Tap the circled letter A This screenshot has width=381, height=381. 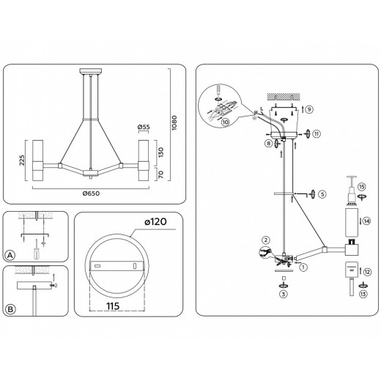coord(10,256)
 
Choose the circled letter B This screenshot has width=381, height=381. coord(10,308)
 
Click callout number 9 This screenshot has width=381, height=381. coord(309,109)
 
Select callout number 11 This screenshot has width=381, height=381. coord(317,134)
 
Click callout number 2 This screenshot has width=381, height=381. coord(266,240)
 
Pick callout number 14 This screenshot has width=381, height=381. coord(367,221)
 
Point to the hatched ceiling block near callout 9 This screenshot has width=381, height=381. coord(282,95)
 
